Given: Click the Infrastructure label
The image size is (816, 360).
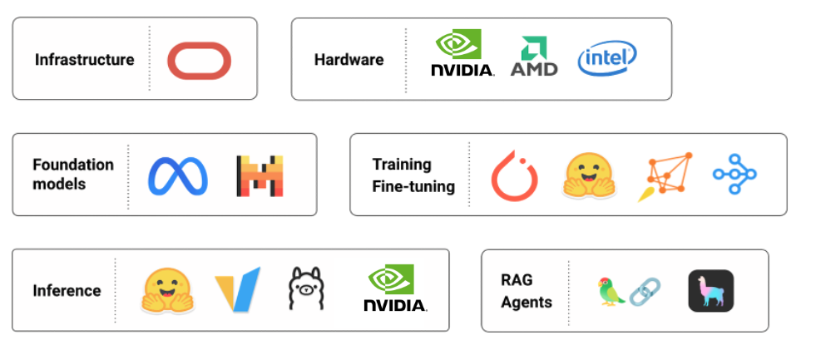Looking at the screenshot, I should point(84,60).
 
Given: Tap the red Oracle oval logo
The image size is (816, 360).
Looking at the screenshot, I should point(199,60).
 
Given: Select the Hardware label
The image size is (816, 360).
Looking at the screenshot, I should point(349,60).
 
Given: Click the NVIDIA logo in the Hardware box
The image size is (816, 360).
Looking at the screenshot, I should point(462,54).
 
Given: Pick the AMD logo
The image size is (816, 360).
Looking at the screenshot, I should point(534,57).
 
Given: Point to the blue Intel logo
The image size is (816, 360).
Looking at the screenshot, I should point(607,57).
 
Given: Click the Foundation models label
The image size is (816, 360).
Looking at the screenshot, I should point(73,174).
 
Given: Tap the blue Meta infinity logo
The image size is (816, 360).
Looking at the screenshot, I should point(178,175).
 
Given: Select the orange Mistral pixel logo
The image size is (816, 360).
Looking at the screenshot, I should point(260,175).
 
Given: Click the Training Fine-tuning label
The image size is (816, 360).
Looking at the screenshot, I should point(413,175).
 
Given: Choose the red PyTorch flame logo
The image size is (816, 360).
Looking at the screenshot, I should point(514,175).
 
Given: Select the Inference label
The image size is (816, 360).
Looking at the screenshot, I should point(67,291).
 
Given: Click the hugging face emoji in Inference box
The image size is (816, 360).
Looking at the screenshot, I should point(168,291).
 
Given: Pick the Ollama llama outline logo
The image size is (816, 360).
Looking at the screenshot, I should point(304,290).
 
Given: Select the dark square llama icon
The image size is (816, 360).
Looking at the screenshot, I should point(711,292).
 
